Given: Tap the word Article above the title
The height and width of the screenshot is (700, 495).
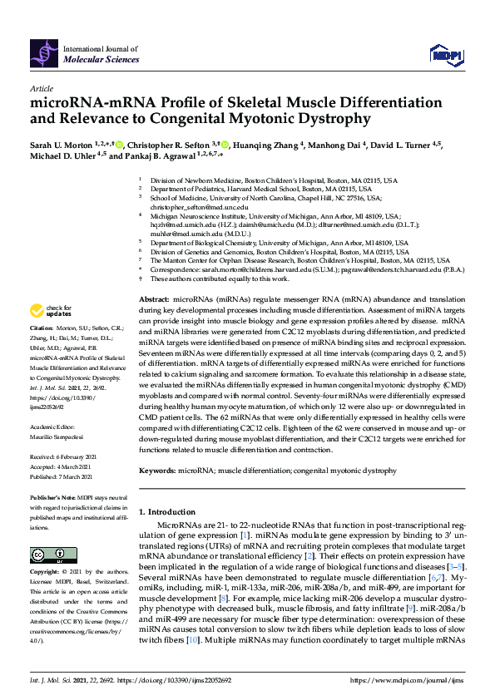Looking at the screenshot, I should click(41, 88).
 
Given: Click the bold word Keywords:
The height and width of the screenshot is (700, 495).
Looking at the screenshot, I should click(156, 470).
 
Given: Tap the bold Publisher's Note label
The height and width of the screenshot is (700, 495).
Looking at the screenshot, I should click(53, 496).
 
